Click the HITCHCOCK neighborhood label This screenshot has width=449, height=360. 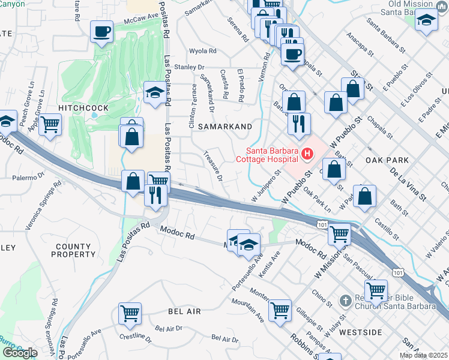point(83,107)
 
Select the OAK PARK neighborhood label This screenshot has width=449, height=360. point(387,160)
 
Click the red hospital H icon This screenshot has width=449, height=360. point(308,154)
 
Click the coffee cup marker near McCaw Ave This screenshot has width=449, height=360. point(101,31)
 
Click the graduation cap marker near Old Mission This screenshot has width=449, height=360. point(426,20)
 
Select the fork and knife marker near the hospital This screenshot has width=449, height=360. point(298,124)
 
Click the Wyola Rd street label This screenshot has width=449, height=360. point(202,51)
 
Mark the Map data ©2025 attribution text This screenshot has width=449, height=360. point(423,355)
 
